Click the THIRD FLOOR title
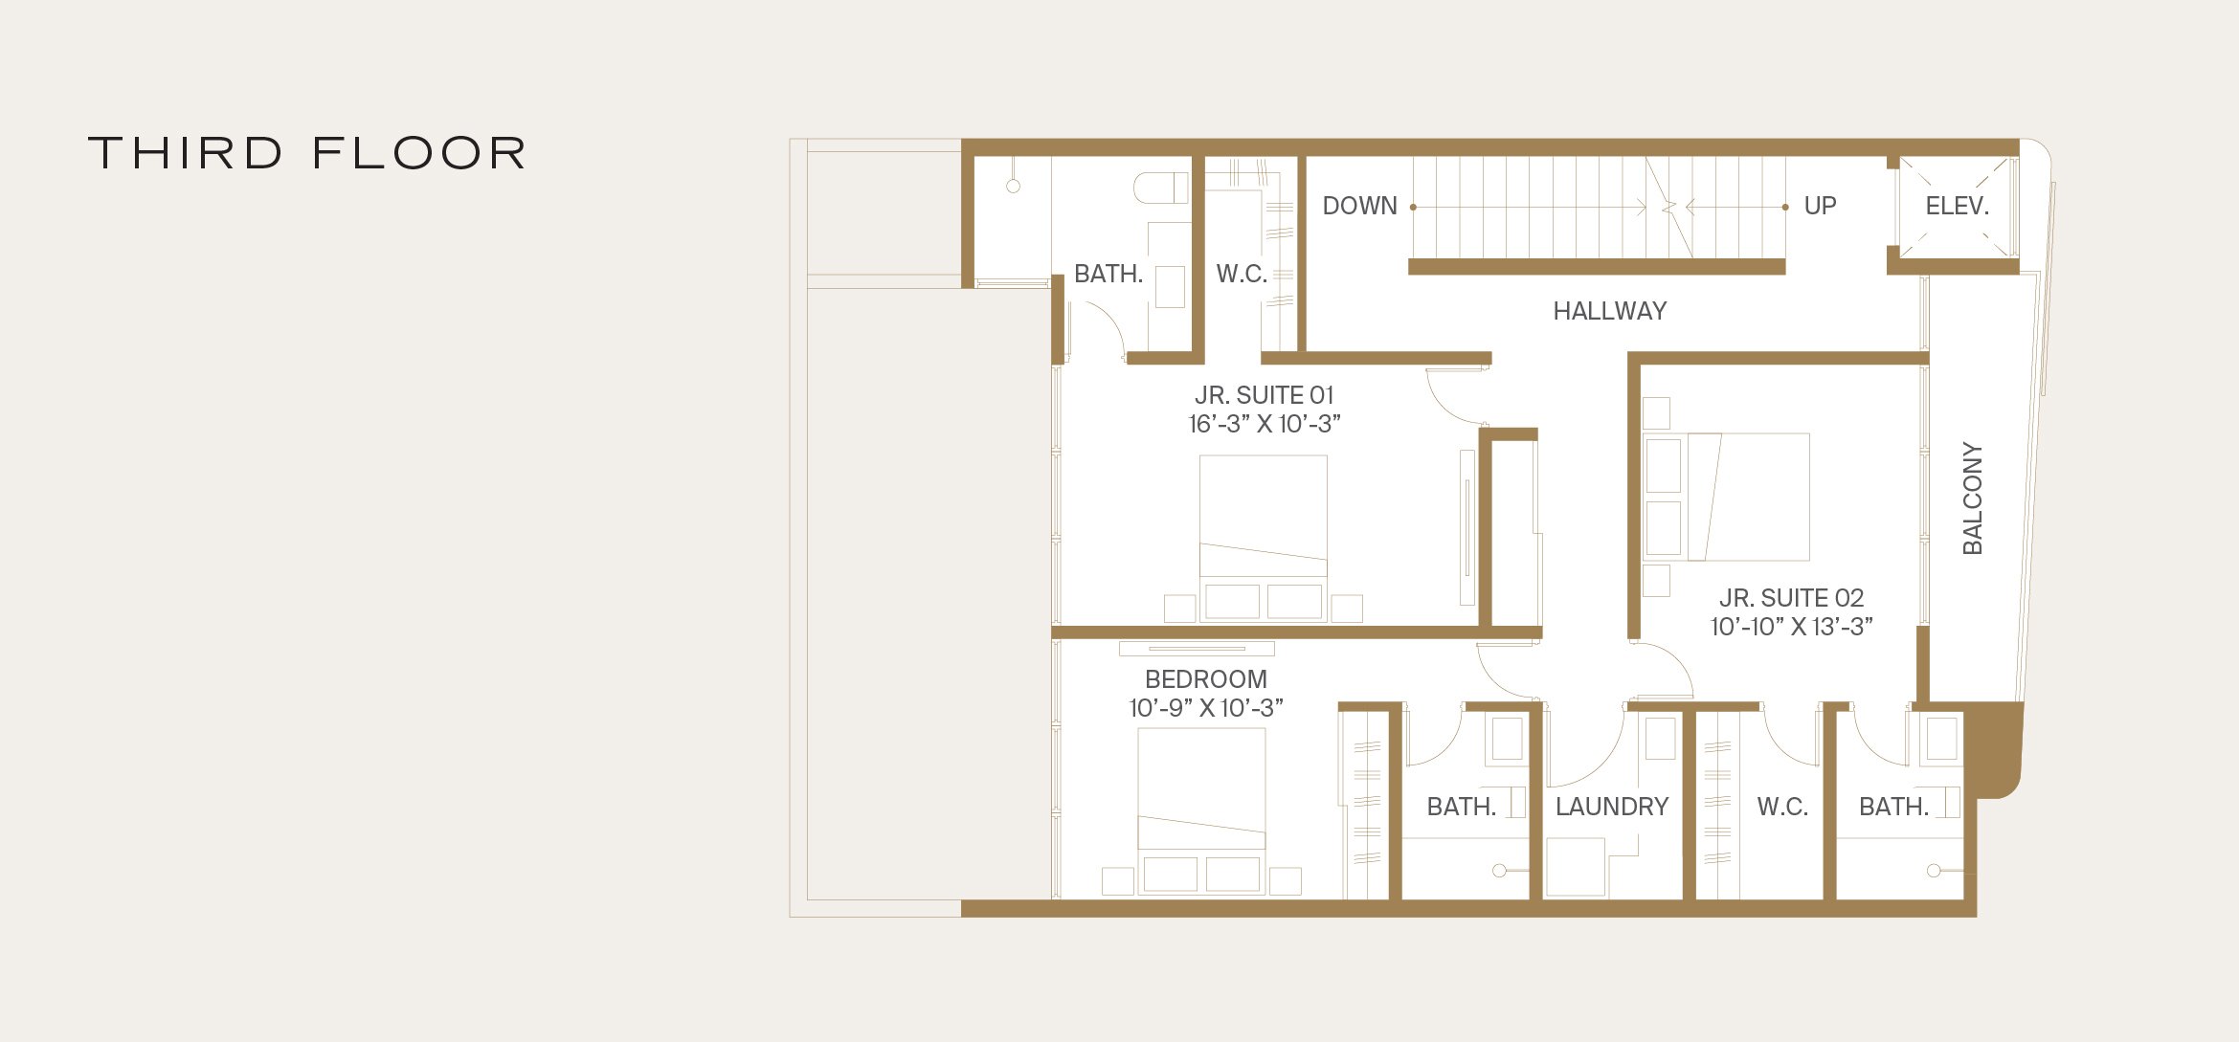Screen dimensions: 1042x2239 pos(306,153)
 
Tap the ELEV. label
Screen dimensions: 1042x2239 pos(1957,206)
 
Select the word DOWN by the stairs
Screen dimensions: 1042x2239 pos(1359,206)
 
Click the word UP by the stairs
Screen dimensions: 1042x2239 pos(1820,206)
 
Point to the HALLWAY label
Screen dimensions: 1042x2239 pos(1609,311)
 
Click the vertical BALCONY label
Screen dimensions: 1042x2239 pos(1972,498)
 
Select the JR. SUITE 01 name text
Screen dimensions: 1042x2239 pos(1264,395)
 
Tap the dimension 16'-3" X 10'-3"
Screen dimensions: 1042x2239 pos(1264,424)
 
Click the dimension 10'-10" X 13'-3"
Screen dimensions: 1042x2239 pos(1791,627)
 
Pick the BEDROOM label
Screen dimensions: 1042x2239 pos(1205,679)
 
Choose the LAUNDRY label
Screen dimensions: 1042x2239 pos(1611,807)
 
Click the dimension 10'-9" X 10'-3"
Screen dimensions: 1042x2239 pos(1205,708)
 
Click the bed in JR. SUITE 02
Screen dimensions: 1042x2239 pos(1747,497)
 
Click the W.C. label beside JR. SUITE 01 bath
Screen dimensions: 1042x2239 pos(1242,274)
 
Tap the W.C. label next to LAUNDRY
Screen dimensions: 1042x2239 pos(1781,807)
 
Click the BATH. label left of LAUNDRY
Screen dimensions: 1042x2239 pos(1461,807)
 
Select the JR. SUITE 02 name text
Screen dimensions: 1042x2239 pos(1791,598)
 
